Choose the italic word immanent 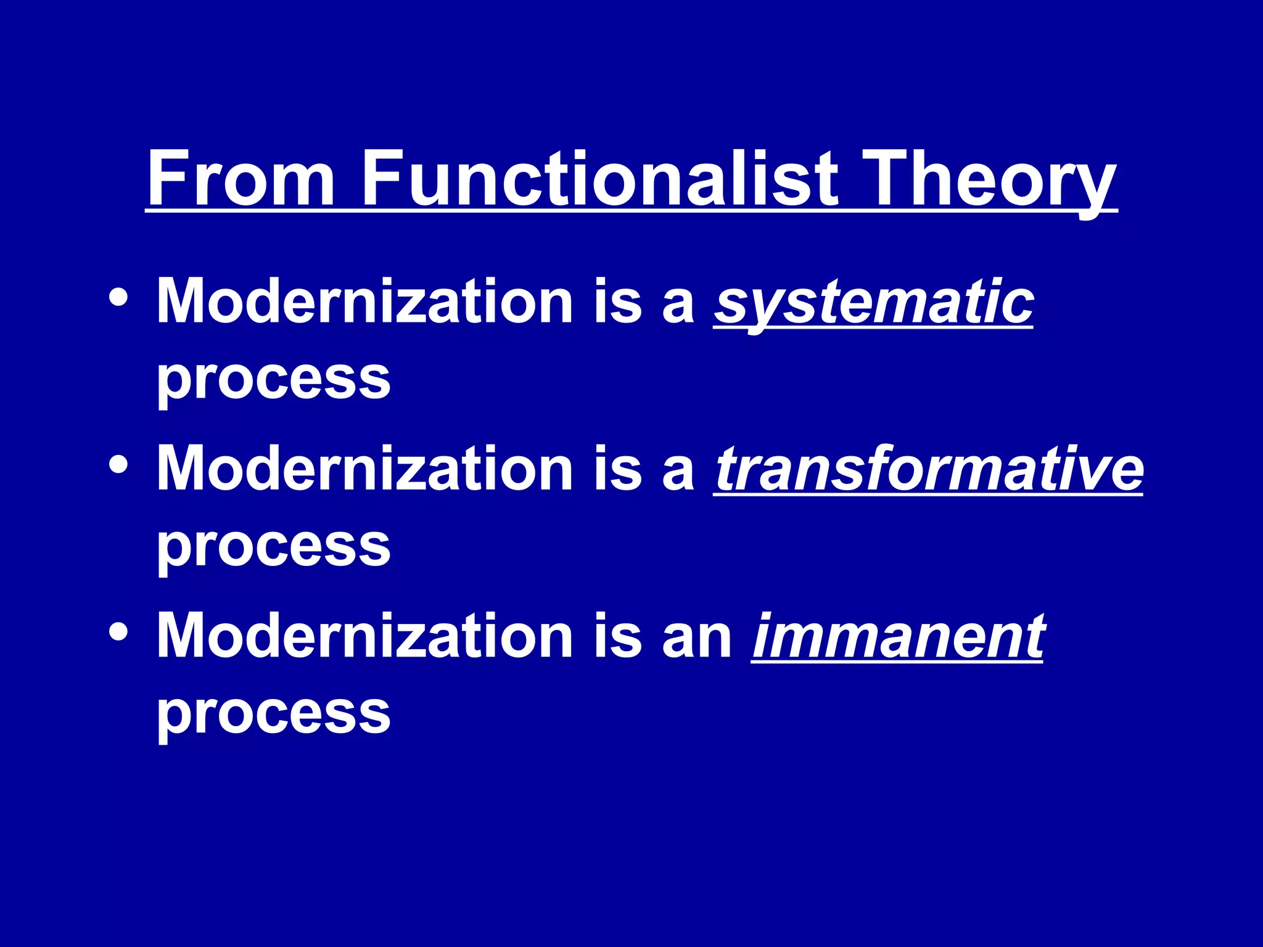[897, 637]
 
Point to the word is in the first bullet [617, 301]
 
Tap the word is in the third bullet [617, 636]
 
